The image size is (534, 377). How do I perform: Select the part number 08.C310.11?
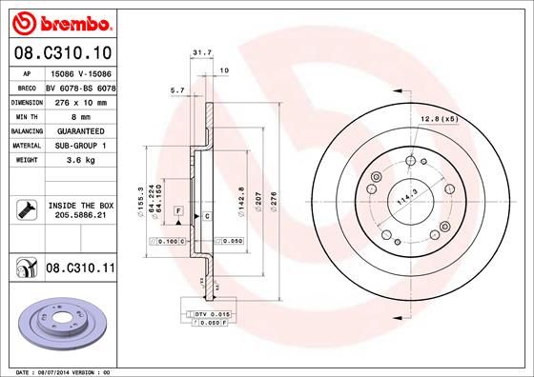coord(80,271)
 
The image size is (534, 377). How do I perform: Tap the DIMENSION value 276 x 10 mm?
coord(80,100)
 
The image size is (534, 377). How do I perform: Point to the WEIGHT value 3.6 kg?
coord(80,161)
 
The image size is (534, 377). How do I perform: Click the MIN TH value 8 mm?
coord(80,115)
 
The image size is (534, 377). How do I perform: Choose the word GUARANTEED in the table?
coord(80,130)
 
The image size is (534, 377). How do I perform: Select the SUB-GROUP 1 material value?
coord(80,146)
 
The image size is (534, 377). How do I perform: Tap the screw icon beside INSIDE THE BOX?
coord(24,209)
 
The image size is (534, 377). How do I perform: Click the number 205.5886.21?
coord(80,216)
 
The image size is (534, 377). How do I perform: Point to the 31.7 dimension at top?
coord(201,53)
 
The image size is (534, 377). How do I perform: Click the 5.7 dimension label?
coord(175,90)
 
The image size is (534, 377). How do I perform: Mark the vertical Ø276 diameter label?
coord(275,201)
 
